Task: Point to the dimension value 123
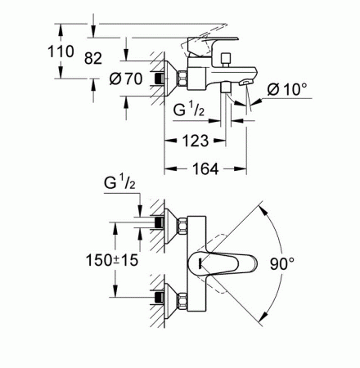tap(194, 141)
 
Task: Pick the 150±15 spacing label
tap(109, 260)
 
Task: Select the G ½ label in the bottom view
tap(119, 183)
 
